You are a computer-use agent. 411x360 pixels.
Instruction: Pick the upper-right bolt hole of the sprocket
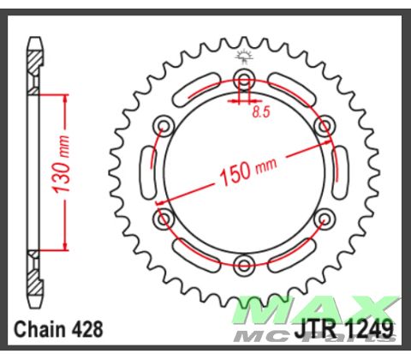point(323,128)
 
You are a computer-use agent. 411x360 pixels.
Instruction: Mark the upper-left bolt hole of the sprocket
point(162,128)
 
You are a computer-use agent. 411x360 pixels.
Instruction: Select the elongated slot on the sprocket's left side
point(146,172)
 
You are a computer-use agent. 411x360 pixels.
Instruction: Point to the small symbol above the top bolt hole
point(242,56)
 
